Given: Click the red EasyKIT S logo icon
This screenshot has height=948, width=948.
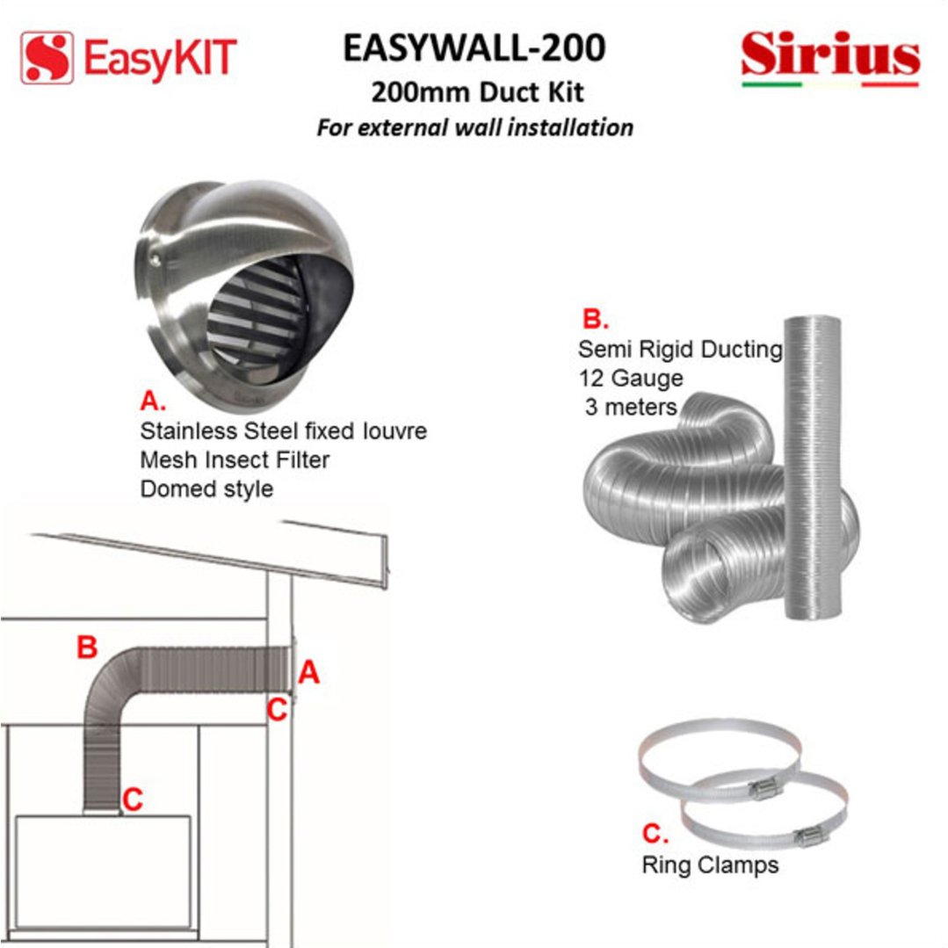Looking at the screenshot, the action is pyautogui.click(x=47, y=58).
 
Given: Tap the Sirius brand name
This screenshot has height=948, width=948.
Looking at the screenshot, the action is pyautogui.click(x=831, y=54).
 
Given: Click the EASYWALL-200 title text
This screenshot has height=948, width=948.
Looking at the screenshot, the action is pyautogui.click(x=474, y=47).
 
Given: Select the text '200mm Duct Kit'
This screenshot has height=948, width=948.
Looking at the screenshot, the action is pyautogui.click(x=478, y=92).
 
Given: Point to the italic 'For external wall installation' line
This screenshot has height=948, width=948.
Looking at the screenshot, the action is pyautogui.click(x=475, y=127).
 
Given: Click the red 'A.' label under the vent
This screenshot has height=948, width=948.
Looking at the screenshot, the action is pyautogui.click(x=153, y=401).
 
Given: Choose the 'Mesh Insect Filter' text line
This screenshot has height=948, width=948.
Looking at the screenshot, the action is pyautogui.click(x=235, y=460).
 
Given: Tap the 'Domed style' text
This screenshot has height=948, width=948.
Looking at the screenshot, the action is pyautogui.click(x=206, y=489).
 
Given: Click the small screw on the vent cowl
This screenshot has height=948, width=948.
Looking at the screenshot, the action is pyautogui.click(x=156, y=260).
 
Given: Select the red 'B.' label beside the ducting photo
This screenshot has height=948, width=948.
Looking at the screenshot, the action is pyautogui.click(x=596, y=319).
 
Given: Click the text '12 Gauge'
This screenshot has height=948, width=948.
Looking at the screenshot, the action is pyautogui.click(x=631, y=379).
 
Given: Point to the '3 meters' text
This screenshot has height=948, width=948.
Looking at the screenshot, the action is pyautogui.click(x=631, y=408).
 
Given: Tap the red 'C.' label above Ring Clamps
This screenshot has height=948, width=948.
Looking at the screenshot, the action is pyautogui.click(x=655, y=834).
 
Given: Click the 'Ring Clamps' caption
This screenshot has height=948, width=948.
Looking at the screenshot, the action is pyautogui.click(x=711, y=865).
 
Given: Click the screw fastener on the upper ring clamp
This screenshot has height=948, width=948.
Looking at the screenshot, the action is pyautogui.click(x=766, y=788).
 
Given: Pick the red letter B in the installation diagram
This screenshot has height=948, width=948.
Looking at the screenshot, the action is pyautogui.click(x=87, y=647).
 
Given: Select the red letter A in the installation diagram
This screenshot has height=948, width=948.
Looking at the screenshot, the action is pyautogui.click(x=309, y=672).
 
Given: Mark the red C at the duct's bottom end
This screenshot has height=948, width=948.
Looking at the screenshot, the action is pyautogui.click(x=133, y=800).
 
